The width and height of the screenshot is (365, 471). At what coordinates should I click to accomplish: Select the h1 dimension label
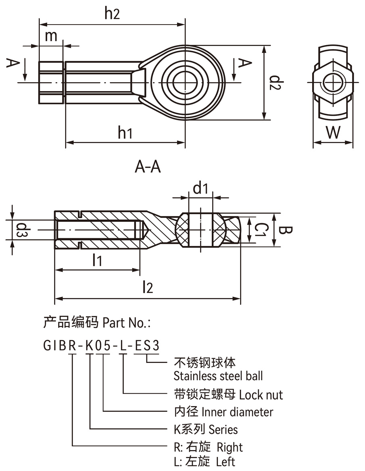125,133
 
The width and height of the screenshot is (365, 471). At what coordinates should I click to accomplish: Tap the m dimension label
51,36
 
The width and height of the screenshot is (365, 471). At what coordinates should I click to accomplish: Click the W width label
333,132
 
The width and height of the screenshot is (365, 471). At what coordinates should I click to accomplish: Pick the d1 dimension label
200,188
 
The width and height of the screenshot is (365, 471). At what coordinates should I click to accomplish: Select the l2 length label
148,287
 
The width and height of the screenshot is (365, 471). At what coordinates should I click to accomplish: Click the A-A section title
148,166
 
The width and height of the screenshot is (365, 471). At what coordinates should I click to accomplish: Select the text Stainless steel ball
218,376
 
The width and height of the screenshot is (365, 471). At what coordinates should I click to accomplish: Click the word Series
223,429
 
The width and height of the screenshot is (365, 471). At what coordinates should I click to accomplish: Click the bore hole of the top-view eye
185,82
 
